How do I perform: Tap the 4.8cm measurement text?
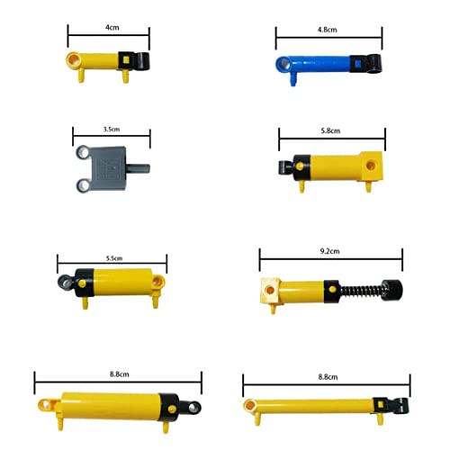pos(328,29)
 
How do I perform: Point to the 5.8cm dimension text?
pos(330,130)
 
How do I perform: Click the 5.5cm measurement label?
pos(113,258)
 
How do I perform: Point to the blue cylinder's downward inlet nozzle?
pos(294,80)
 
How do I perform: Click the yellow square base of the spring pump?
pos(271,291)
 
